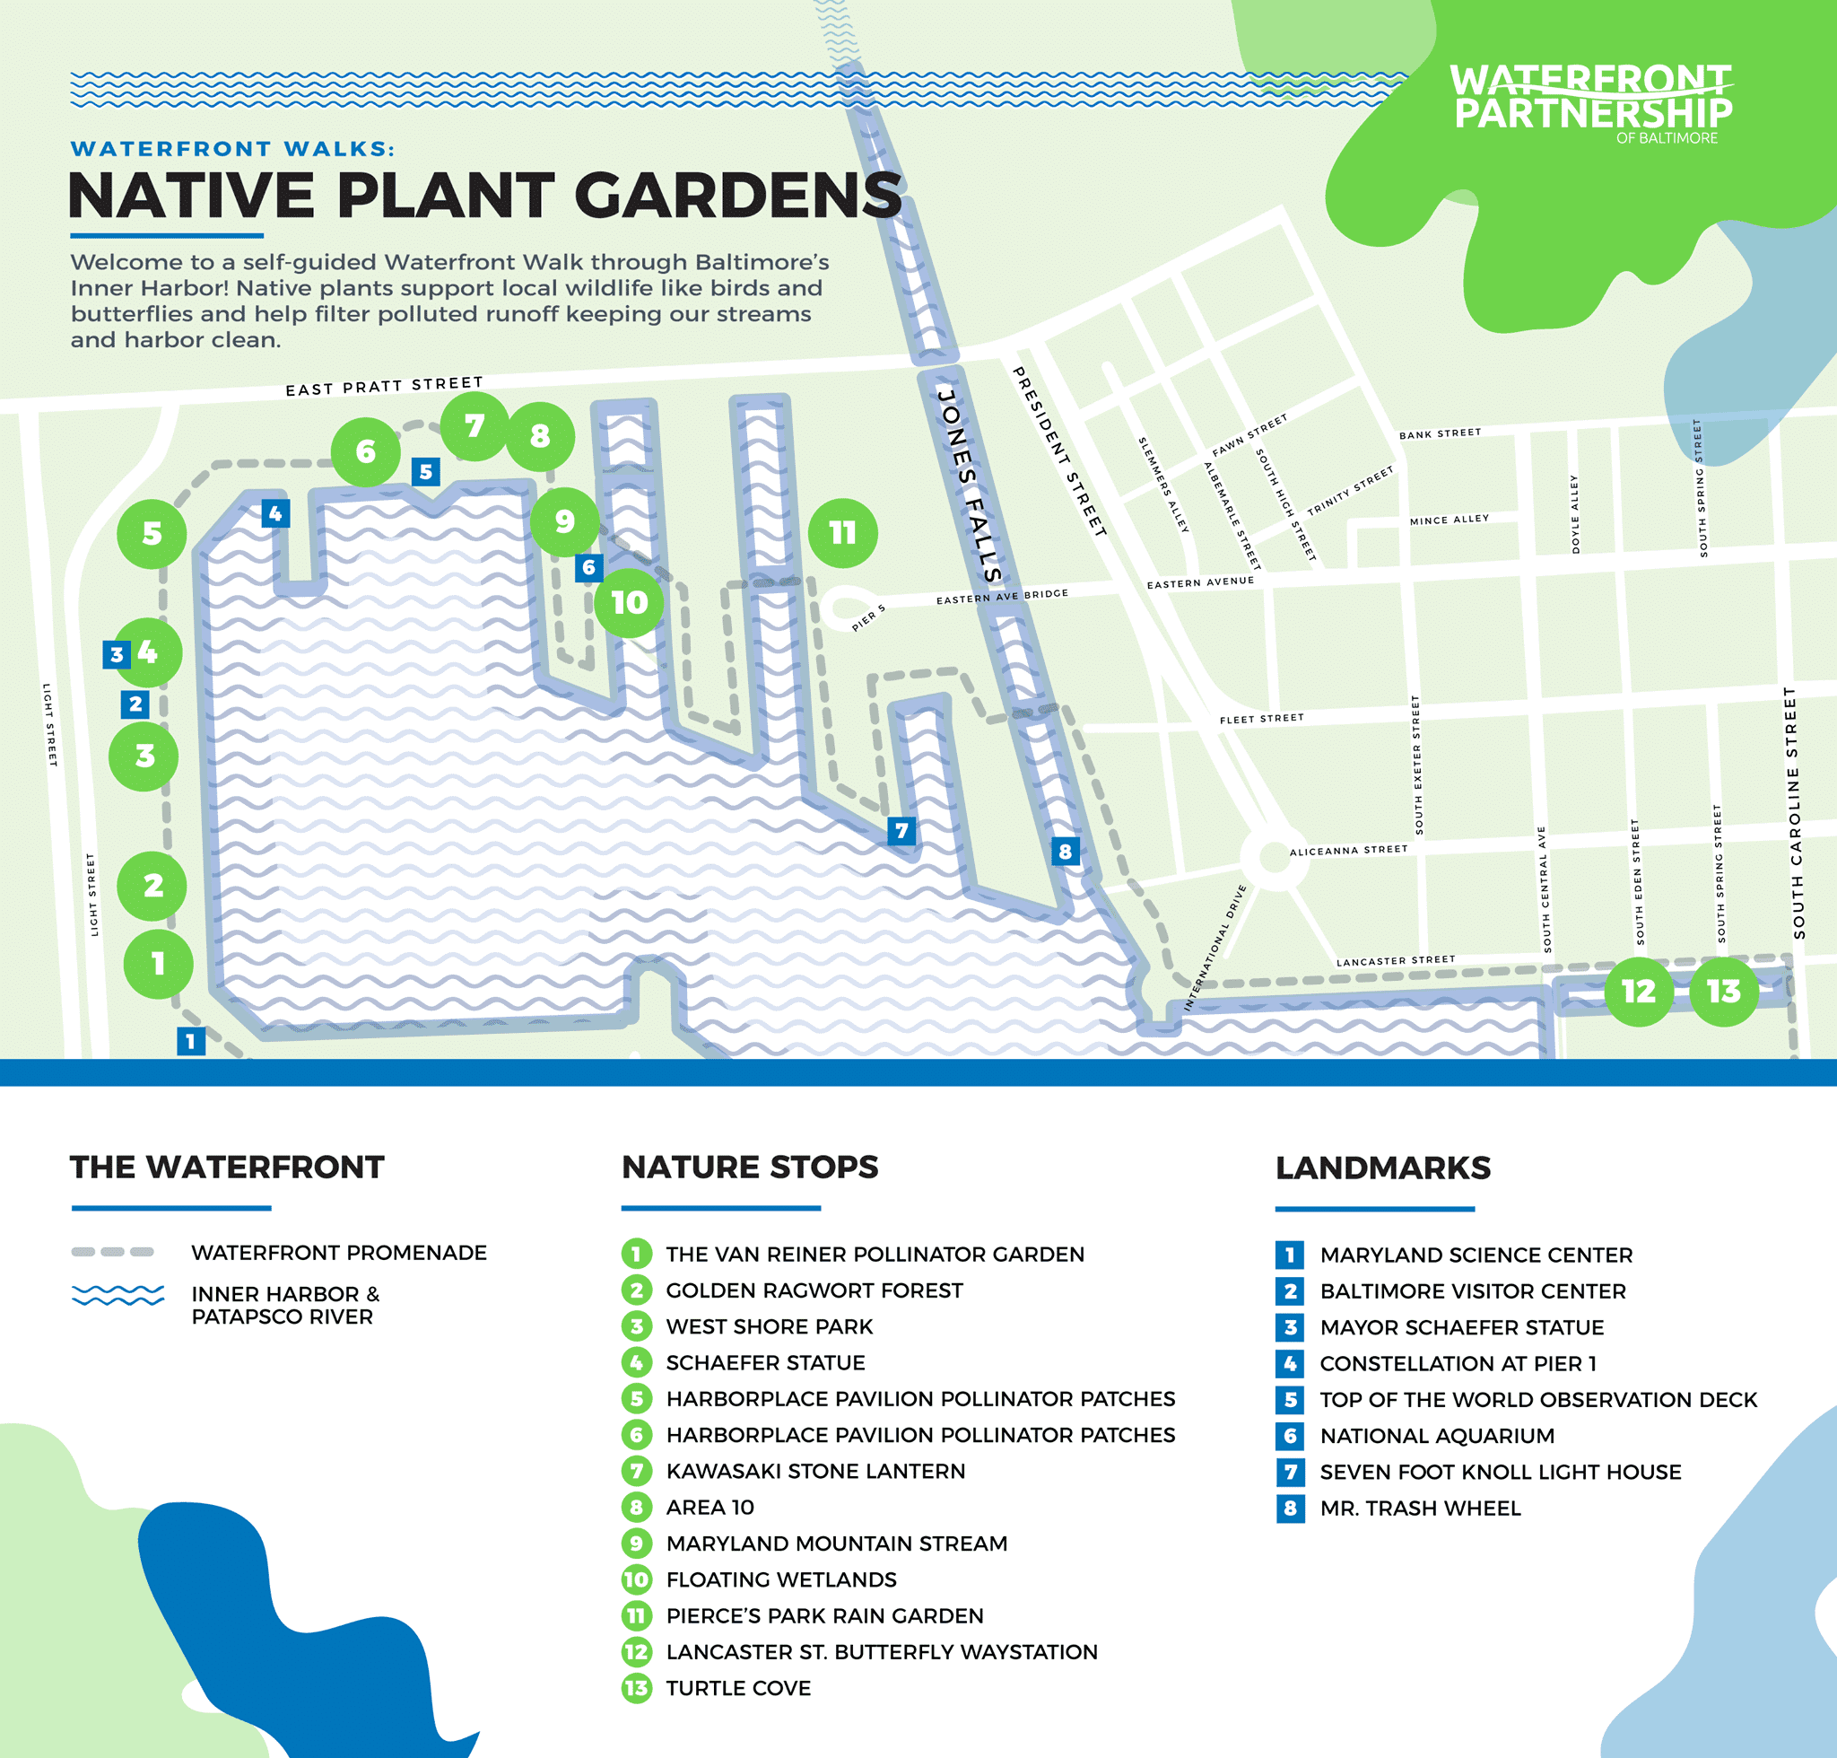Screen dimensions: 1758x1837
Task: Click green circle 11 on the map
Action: coord(842,533)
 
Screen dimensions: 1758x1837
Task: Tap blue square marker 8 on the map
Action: coord(1064,851)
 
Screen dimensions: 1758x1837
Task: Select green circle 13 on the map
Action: coord(1724,992)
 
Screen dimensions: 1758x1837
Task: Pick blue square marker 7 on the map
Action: coord(901,830)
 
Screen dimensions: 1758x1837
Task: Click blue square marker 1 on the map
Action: coord(191,1040)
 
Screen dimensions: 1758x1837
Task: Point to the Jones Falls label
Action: coord(970,486)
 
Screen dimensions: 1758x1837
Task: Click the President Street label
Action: coord(1059,450)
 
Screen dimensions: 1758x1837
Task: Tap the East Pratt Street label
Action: coord(384,385)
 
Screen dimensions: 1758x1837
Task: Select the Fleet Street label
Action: coord(1261,719)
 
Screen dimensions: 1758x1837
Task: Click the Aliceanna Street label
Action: coord(1348,850)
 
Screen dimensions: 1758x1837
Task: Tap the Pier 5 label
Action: coord(868,617)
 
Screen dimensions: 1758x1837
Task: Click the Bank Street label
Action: coord(1440,433)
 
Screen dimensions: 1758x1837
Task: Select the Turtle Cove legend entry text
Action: coord(738,1688)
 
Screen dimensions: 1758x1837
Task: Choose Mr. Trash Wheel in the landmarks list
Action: coord(1420,1508)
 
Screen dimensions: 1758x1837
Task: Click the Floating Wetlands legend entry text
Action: coord(781,1579)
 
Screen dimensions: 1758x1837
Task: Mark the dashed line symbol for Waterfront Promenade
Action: coord(112,1252)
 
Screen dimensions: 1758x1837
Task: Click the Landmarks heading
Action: coord(1382,1168)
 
